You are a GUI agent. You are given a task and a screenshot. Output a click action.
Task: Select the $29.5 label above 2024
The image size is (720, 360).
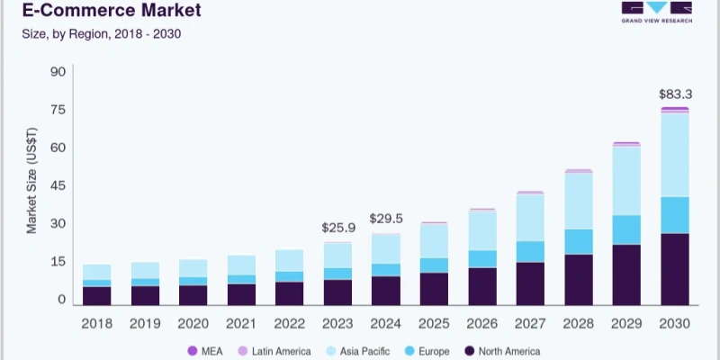click(x=386, y=219)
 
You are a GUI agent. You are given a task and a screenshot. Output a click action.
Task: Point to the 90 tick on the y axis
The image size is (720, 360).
click(x=58, y=72)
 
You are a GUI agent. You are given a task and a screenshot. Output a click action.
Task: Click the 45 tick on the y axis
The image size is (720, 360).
click(x=58, y=186)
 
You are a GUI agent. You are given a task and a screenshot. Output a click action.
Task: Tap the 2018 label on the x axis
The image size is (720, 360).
click(x=96, y=322)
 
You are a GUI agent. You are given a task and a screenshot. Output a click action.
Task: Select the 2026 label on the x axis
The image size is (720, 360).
click(x=481, y=322)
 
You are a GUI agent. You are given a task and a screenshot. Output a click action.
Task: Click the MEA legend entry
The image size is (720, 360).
click(x=205, y=351)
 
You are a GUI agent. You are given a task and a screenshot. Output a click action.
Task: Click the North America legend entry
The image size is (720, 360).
click(x=499, y=351)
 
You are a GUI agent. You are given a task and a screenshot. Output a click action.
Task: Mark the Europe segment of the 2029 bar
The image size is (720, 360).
click(x=626, y=229)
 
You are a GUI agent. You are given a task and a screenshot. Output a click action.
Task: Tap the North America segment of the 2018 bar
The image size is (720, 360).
click(x=96, y=295)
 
